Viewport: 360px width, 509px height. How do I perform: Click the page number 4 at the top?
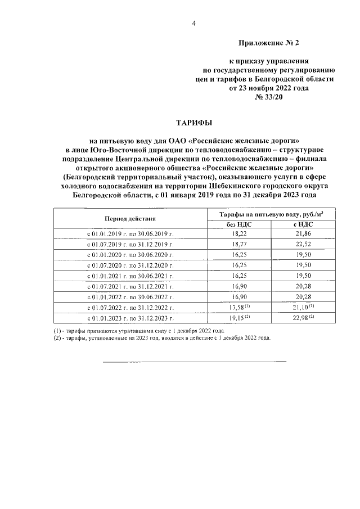click(194, 23)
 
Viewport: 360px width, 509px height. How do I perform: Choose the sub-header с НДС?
click(304, 223)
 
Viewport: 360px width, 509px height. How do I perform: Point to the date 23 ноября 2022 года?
click(268, 88)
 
